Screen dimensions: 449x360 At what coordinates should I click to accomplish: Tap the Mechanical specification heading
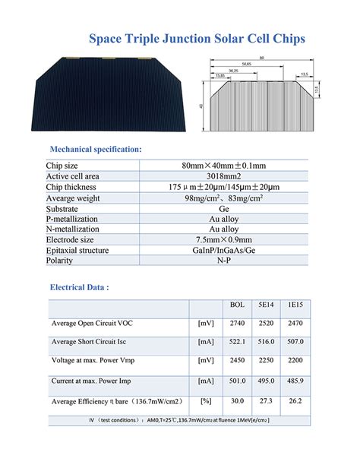coord(96,149)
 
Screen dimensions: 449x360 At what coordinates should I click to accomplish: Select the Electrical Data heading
coord(80,288)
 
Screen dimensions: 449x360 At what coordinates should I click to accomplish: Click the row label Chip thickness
coord(72,186)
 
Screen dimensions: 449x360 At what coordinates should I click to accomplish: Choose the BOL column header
coord(237,305)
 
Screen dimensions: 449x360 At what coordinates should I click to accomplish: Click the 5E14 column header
coord(266,305)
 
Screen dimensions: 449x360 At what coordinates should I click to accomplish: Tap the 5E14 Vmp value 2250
coord(266,361)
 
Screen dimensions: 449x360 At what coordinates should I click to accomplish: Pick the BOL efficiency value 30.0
coord(237,400)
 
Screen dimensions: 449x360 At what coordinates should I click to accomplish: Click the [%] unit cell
coord(204,400)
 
